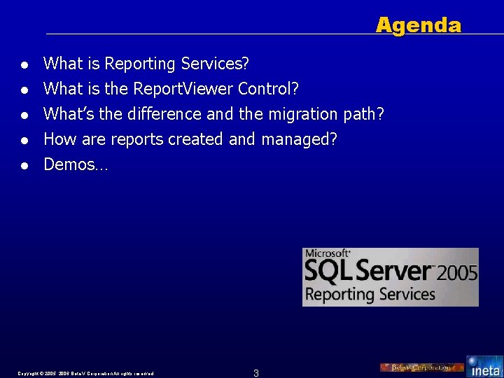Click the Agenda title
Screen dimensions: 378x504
pos(418,26)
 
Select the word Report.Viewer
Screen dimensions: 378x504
pos(183,89)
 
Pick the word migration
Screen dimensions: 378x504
pos(304,114)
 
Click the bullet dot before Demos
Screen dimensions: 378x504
pos(24,166)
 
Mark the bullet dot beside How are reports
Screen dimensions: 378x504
pos(24,141)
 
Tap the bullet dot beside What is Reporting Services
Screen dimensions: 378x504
pos(24,65)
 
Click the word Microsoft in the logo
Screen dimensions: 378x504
pos(327,253)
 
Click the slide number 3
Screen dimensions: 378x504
pos(256,372)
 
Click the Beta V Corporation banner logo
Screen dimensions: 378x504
pos(421,367)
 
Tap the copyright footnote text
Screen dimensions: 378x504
pos(86,373)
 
